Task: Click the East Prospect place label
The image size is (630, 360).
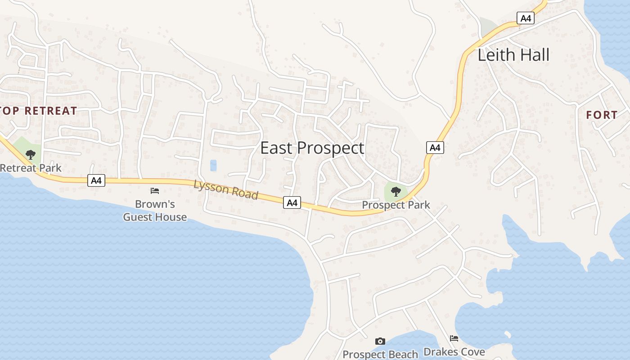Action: (312, 148)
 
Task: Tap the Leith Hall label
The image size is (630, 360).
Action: (513, 55)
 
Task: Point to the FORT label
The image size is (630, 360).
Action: (602, 115)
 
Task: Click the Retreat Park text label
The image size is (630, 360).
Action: (31, 168)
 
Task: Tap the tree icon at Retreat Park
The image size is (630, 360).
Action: (31, 155)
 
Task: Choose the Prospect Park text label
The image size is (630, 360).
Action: (396, 205)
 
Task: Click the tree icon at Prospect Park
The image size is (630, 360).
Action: (396, 192)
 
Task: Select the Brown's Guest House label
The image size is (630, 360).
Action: (155, 211)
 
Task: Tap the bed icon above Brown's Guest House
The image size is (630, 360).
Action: (155, 191)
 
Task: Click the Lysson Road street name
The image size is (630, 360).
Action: (226, 189)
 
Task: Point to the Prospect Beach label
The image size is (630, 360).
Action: (380, 355)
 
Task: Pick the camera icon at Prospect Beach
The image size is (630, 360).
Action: (380, 342)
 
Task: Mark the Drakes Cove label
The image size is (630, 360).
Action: (454, 351)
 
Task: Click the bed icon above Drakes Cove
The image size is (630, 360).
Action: (454, 338)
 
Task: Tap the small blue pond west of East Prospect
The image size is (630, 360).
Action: (213, 166)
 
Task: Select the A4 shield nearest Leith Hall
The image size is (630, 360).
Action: (525, 18)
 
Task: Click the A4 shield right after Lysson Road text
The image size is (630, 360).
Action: (292, 203)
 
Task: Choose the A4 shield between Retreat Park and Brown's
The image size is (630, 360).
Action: (96, 181)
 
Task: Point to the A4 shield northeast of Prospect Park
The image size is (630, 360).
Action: (435, 148)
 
